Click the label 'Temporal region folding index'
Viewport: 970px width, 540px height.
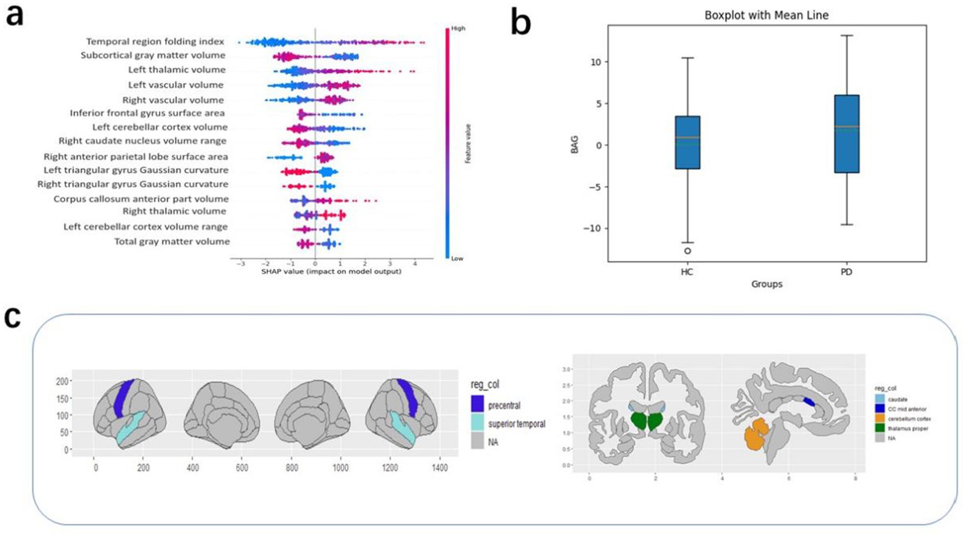(155, 42)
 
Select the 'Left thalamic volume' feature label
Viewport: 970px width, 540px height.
(176, 70)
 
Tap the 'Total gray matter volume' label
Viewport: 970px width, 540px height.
(172, 241)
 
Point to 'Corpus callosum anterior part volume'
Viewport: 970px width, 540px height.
(141, 199)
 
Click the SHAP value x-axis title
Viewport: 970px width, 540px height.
(331, 272)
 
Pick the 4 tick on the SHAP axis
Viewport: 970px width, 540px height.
(415, 264)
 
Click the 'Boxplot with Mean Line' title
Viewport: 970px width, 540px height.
(766, 15)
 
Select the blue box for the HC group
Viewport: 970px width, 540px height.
(687, 143)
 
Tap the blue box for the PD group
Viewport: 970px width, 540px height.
(847, 134)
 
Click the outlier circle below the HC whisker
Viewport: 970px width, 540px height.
(687, 251)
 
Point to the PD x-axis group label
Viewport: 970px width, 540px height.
(846, 272)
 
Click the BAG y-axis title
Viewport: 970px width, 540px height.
(575, 145)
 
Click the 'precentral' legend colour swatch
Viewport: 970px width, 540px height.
(477, 405)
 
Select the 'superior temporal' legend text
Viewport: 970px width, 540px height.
(516, 424)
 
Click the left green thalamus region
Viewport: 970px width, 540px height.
(639, 421)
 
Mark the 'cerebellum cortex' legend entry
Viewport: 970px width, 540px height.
(909, 419)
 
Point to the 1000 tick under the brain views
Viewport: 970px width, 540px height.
(341, 468)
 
